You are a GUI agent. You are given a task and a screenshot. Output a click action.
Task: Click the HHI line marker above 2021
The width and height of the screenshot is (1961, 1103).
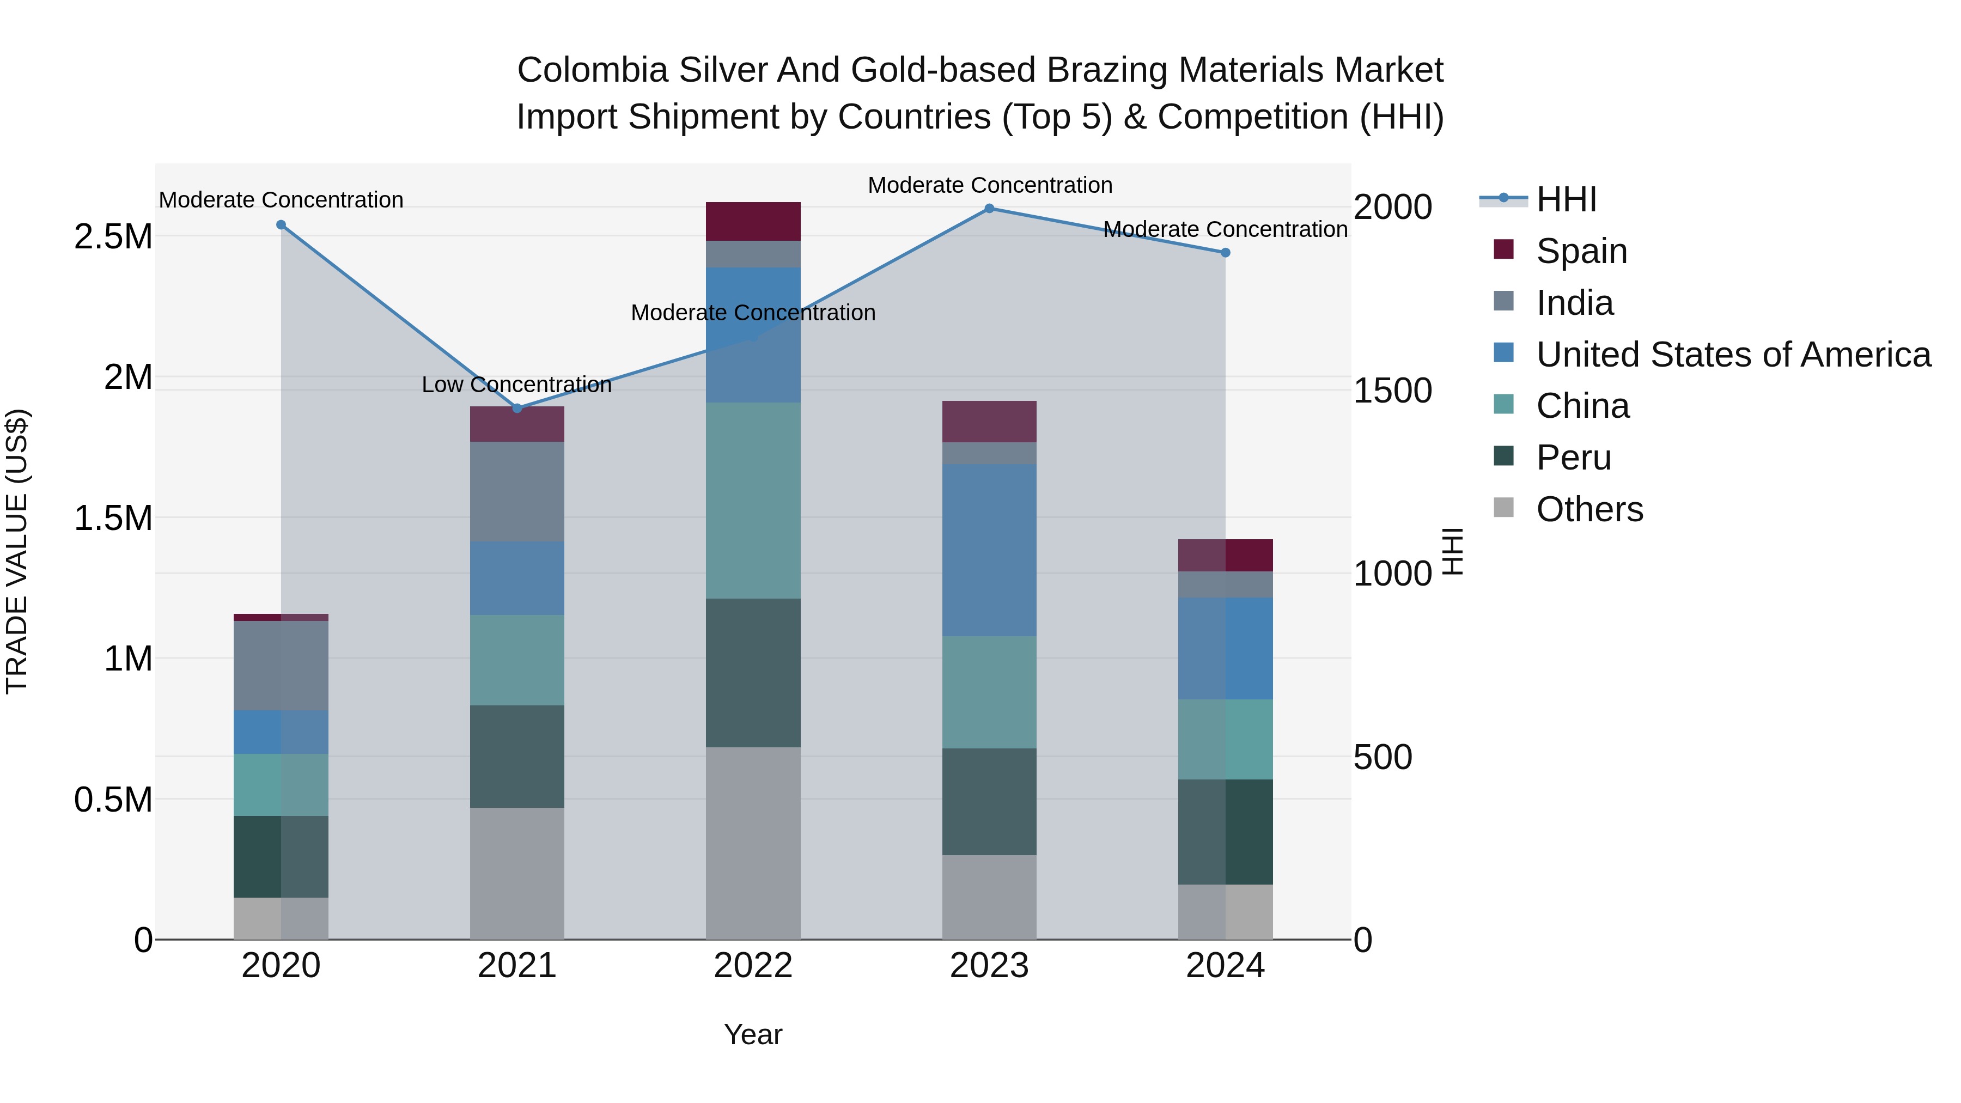click(517, 408)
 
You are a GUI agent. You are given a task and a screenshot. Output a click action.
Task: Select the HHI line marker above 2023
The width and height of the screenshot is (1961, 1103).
click(989, 209)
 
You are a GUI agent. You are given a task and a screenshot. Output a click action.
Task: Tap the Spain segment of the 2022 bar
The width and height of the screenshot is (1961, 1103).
click(753, 222)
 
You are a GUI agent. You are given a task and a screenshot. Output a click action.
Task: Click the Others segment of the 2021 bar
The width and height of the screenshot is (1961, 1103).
click(517, 873)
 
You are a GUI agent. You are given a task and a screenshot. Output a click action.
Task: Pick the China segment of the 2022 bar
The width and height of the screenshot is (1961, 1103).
click(753, 500)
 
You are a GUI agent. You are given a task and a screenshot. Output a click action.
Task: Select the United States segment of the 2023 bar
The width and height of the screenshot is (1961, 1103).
click(989, 550)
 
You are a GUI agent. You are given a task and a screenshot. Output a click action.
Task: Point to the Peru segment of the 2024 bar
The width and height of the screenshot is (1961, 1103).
click(1225, 831)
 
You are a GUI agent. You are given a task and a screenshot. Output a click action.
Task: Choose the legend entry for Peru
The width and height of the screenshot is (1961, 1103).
click(1573, 458)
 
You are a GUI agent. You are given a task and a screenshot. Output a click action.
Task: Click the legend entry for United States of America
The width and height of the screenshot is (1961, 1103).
click(1733, 355)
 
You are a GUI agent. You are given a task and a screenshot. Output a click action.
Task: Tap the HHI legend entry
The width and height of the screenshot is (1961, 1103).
click(1565, 199)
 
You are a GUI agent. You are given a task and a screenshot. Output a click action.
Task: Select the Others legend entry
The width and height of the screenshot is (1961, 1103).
click(1589, 509)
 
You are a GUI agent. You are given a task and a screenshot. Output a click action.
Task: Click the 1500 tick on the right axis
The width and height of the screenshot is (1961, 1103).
click(1392, 391)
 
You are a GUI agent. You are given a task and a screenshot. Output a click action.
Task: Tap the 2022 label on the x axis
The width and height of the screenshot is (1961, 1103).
click(753, 966)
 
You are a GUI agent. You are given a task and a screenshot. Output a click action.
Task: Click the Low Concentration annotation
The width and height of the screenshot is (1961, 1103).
click(517, 385)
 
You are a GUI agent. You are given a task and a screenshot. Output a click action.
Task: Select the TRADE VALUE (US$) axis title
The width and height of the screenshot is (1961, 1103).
click(17, 551)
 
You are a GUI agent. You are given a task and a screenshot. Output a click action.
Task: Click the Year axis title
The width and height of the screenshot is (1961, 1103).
click(753, 1034)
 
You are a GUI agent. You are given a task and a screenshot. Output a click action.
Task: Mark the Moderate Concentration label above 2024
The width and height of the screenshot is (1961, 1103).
click(1225, 229)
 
